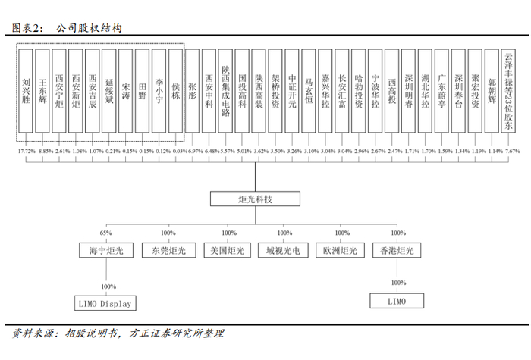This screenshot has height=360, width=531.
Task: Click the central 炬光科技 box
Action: (256, 199)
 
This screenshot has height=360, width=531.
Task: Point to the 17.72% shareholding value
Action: (26, 152)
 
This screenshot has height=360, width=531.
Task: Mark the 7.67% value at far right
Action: (513, 152)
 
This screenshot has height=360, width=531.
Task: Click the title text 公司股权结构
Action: (90, 28)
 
